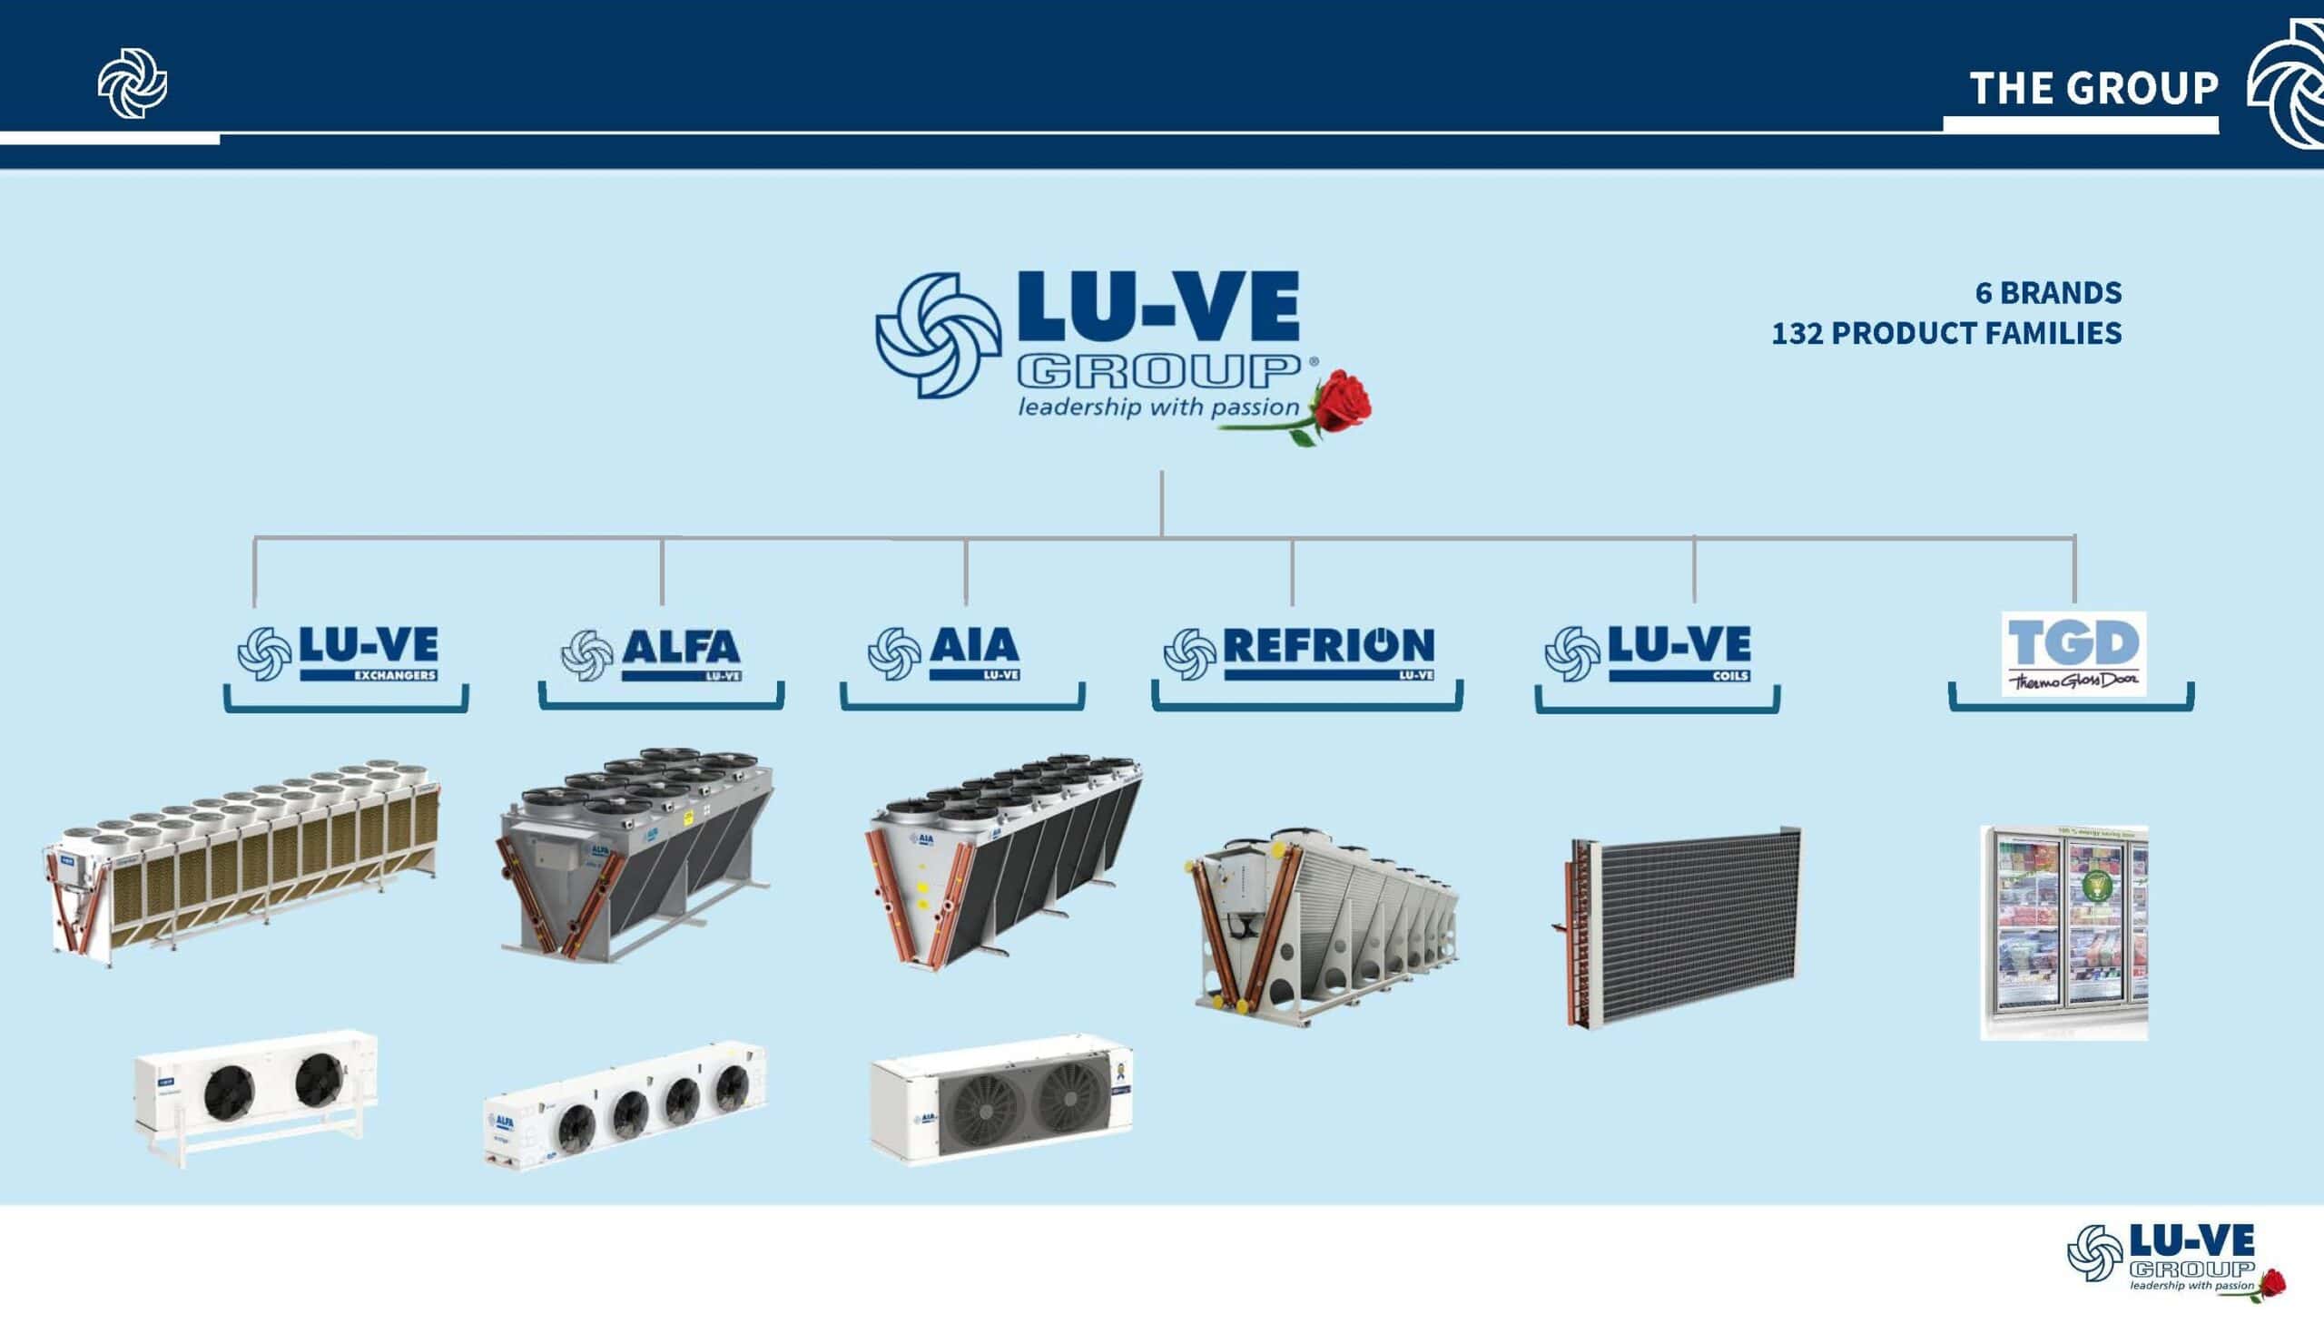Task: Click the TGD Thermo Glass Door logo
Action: (x=2073, y=654)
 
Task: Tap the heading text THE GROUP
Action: (x=2093, y=89)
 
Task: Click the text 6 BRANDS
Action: (x=2048, y=292)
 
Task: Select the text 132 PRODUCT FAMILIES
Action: (x=1946, y=334)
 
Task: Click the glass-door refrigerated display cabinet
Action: (x=2063, y=932)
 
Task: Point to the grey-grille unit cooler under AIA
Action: (x=1001, y=1100)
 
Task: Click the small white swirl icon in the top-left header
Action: (x=133, y=84)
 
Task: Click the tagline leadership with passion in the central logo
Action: (x=1158, y=407)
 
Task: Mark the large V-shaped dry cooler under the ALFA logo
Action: (x=636, y=854)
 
